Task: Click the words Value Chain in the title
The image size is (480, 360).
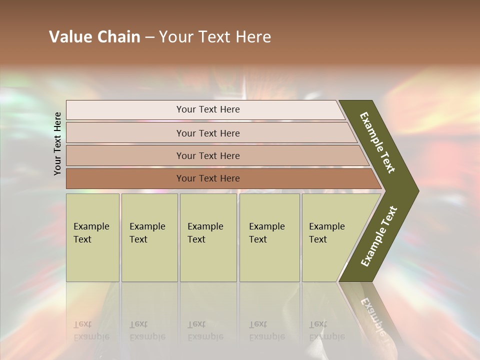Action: pyautogui.click(x=94, y=37)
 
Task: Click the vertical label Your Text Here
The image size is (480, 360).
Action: pyautogui.click(x=57, y=143)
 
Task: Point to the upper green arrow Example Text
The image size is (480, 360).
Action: pyautogui.click(x=377, y=142)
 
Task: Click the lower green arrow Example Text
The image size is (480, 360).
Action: pyautogui.click(x=379, y=236)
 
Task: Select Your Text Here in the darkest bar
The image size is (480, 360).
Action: pyautogui.click(x=208, y=178)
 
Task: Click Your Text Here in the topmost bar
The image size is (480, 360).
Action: pyautogui.click(x=208, y=109)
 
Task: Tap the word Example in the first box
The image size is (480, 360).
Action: pyautogui.click(x=91, y=226)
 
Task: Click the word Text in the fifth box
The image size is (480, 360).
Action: pyautogui.click(x=317, y=239)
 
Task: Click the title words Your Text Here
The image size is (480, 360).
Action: pyautogui.click(x=215, y=37)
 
